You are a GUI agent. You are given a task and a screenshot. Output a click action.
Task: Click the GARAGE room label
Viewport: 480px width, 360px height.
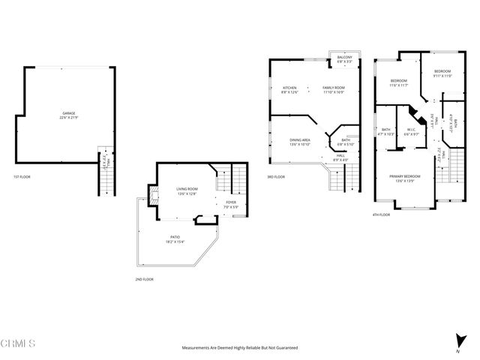(x=68, y=114)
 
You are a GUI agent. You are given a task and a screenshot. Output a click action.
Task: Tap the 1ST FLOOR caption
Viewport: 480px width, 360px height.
(x=22, y=177)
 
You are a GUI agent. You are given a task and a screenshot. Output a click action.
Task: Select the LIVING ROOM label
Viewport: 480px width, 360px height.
(x=187, y=189)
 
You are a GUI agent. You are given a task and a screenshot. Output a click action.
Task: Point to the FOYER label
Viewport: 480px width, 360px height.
(x=230, y=202)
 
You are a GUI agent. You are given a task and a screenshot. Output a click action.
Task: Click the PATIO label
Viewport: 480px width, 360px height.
(x=173, y=238)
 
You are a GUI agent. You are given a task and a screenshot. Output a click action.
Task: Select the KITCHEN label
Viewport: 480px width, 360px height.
(x=289, y=88)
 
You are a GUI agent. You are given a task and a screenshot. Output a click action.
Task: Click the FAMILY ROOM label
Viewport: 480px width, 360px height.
(x=333, y=88)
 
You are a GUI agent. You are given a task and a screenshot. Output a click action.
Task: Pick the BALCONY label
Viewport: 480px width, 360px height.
(x=344, y=57)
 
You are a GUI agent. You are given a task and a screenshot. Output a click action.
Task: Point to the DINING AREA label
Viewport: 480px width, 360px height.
(x=300, y=140)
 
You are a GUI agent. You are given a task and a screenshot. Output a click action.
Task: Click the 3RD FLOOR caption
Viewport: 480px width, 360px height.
(x=275, y=177)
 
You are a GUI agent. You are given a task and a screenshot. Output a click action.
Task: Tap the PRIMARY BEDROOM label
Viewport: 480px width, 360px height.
(x=404, y=176)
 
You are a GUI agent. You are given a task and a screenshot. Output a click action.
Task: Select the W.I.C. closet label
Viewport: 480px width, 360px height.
(x=412, y=130)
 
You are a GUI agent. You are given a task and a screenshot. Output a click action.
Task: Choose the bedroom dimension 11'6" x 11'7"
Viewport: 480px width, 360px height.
(x=398, y=85)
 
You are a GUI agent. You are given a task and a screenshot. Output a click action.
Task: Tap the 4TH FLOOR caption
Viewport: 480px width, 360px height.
(x=381, y=214)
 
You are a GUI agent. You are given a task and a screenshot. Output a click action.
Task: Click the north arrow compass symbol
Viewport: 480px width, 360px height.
(x=457, y=340)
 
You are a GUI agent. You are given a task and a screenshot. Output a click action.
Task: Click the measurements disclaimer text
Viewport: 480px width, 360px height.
(x=240, y=348)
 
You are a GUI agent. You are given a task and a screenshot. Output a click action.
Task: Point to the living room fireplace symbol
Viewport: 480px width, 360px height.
(x=154, y=196)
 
